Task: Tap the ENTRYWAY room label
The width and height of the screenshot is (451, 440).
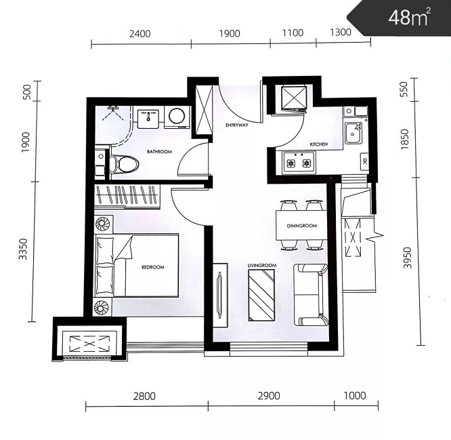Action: click(237, 125)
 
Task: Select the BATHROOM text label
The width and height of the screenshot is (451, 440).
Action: click(159, 151)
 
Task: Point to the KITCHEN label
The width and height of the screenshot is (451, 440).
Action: click(319, 144)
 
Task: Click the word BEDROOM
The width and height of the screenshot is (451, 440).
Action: click(153, 267)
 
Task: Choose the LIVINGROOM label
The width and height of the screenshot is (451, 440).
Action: click(262, 265)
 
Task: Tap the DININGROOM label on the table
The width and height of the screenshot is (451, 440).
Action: click(302, 226)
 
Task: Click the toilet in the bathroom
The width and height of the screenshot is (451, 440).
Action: click(124, 165)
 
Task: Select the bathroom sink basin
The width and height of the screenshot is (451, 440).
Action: click(148, 119)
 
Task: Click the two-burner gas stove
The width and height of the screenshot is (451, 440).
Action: click(299, 163)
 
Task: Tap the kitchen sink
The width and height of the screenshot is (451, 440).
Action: click(354, 134)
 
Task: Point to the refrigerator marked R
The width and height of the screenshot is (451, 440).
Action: click(365, 161)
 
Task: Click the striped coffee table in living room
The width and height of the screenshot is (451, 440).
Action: click(261, 296)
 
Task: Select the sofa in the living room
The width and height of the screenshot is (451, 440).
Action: click(311, 295)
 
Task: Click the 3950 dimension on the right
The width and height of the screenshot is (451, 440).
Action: click(408, 258)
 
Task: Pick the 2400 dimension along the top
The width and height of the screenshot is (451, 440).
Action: click(139, 34)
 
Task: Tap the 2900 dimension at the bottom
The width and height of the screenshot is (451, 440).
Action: click(269, 396)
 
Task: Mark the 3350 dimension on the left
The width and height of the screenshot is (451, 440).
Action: click(23, 249)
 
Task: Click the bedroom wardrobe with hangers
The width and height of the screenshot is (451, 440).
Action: click(127, 197)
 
